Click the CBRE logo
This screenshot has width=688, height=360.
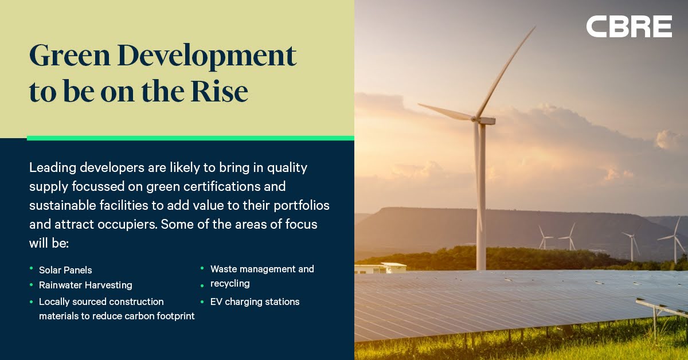(x=629, y=27)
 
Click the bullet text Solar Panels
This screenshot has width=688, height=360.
(x=65, y=269)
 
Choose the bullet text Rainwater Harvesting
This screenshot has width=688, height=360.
(x=85, y=285)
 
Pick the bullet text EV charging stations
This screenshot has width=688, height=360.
(x=255, y=302)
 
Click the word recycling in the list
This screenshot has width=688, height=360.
(x=230, y=283)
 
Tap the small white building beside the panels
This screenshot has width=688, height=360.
(x=380, y=268)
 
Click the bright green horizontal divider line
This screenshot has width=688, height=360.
(x=190, y=138)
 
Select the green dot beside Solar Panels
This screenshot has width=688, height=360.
(x=32, y=269)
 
